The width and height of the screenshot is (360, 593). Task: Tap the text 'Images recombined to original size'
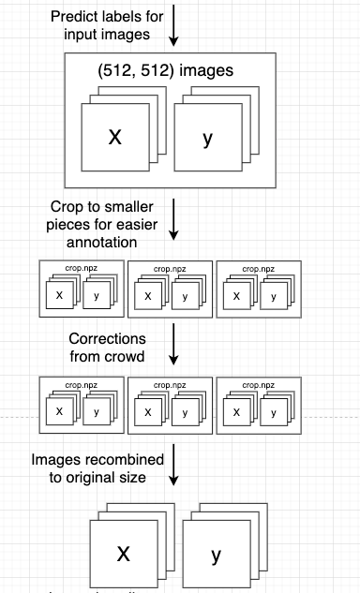tap(98, 469)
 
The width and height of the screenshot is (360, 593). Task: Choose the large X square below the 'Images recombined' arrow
tap(123, 554)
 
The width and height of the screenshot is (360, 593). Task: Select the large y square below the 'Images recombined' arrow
tap(216, 556)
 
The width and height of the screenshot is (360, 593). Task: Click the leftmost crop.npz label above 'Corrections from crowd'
tap(81, 269)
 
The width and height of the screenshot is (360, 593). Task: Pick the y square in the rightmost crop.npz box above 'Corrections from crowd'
tap(275, 296)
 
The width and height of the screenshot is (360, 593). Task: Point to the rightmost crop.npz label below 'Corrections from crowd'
tap(257, 385)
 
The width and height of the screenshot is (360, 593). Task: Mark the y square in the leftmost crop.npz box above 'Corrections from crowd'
tap(97, 296)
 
